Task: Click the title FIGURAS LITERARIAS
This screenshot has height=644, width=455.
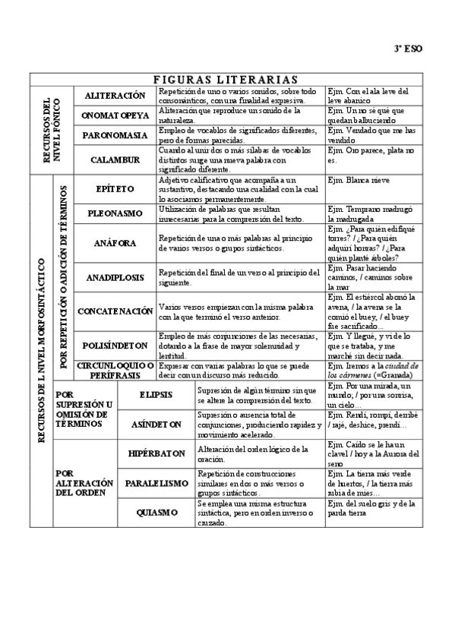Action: (x=226, y=79)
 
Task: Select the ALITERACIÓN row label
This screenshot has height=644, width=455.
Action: (x=115, y=96)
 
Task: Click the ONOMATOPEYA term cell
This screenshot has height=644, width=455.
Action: (x=115, y=115)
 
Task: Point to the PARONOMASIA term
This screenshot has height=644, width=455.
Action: (x=115, y=135)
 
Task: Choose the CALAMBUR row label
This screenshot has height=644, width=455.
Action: (x=115, y=159)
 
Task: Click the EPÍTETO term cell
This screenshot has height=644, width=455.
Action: (x=115, y=188)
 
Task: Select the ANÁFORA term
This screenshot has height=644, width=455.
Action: (x=115, y=243)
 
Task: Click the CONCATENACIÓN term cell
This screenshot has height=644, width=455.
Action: (x=115, y=311)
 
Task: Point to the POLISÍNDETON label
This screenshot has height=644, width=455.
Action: (x=115, y=344)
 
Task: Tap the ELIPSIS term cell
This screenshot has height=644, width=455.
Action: (x=156, y=395)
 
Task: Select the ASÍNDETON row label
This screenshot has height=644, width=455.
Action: (x=156, y=425)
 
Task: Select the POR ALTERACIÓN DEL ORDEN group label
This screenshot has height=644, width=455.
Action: (x=81, y=482)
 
